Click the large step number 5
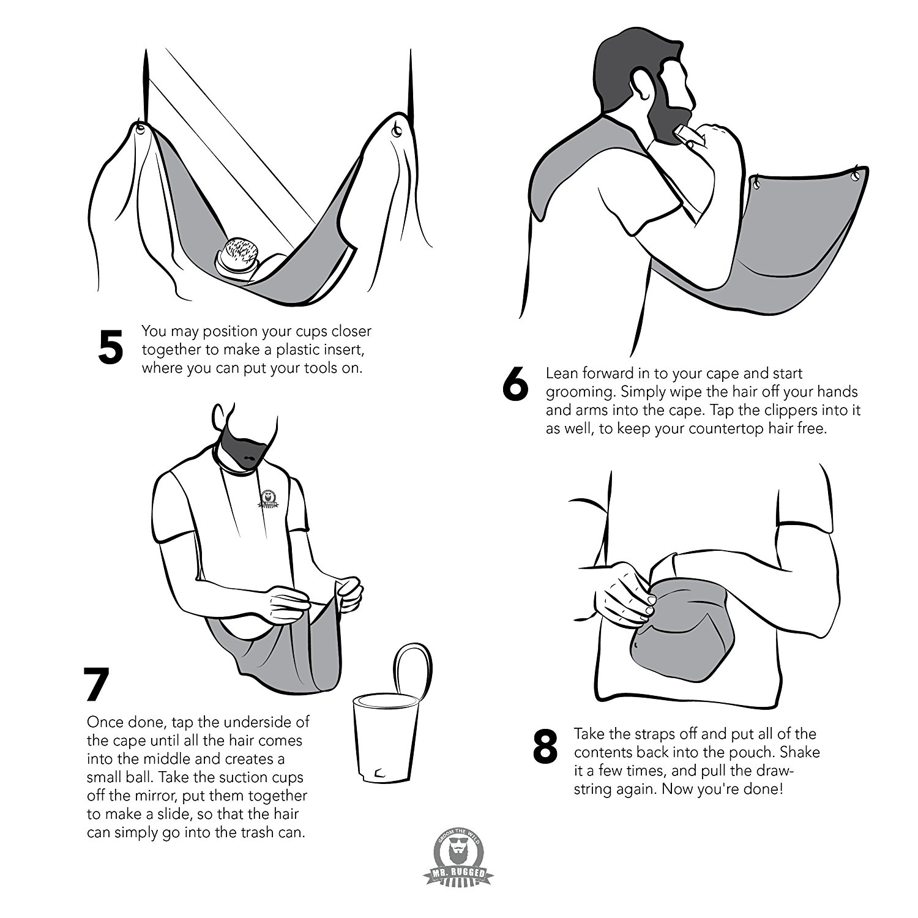click(111, 347)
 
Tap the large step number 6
click(515, 384)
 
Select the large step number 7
click(97, 684)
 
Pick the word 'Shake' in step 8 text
click(799, 752)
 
